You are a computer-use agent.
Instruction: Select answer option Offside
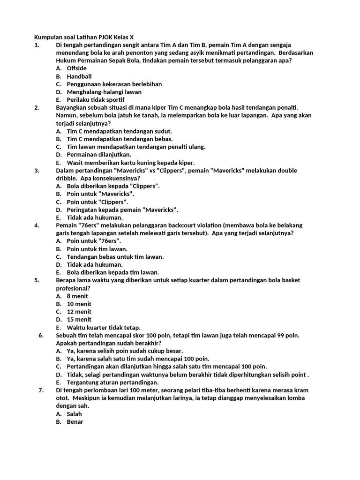(76, 68)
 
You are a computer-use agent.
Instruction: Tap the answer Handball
(79, 76)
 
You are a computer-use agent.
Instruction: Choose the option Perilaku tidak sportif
(96, 100)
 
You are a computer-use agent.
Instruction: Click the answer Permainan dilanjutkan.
(99, 155)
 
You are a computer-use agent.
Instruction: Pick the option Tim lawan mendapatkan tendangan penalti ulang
(136, 147)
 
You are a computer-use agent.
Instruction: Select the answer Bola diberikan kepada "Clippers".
(113, 186)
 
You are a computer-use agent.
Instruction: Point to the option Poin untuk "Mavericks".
(100, 194)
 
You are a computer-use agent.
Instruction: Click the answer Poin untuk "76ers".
(94, 241)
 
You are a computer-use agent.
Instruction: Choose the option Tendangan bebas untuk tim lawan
(115, 257)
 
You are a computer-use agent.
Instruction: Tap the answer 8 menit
(77, 296)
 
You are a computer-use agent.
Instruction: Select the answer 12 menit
(79, 312)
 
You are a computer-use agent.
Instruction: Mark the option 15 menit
(79, 320)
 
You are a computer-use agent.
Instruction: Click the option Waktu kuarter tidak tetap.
(103, 328)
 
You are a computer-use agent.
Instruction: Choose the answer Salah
(74, 414)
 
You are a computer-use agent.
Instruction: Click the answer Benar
(75, 422)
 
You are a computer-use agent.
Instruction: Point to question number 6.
(41, 336)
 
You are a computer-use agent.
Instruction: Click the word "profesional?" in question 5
(73, 288)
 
